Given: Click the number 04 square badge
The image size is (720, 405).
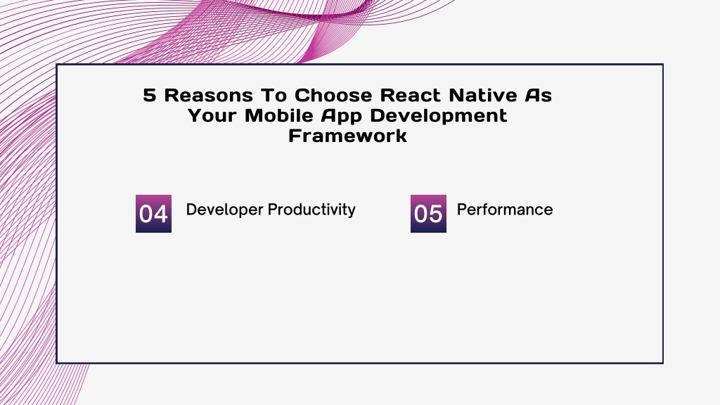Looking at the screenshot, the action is point(153,214).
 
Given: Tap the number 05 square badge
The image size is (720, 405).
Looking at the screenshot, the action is point(428,214).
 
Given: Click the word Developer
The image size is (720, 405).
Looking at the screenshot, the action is point(224,210).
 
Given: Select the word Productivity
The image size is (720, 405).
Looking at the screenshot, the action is point(311,210).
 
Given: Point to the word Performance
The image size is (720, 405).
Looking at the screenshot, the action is point(505,210).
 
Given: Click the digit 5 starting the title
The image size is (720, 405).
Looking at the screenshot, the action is point(150,95).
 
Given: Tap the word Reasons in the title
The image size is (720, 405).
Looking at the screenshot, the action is point(208,95).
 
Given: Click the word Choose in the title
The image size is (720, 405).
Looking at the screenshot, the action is point(333,95).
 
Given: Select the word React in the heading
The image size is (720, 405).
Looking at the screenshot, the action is point(410,95).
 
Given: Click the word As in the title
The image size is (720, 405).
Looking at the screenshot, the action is point(539,95).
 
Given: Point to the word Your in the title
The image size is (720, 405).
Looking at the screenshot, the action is point(212,115).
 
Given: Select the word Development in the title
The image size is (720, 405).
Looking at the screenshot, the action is point(439,117).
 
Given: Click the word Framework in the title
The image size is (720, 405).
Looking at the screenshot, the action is point(347,136).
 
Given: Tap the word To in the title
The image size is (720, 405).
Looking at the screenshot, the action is point(274,95).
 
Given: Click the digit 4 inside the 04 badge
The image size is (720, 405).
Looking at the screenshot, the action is point(161,214).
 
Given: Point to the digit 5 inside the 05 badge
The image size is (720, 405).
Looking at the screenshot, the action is point(436,214).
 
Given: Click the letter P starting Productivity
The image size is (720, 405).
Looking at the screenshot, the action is point(273,210).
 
